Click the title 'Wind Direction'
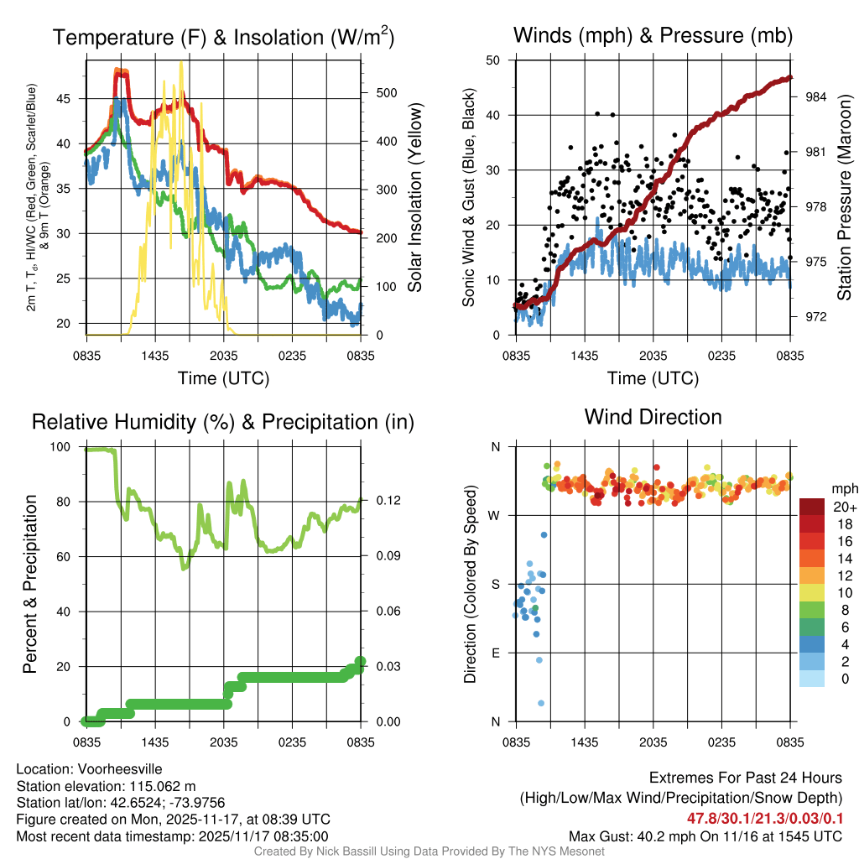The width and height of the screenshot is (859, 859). coord(653,417)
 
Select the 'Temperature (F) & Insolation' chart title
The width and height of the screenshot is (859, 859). coord(223,37)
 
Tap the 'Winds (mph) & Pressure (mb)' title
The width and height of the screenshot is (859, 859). coord(653,35)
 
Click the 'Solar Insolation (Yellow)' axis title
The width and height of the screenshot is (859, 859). coord(414,198)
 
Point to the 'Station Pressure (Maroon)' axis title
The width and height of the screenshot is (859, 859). coord(845,198)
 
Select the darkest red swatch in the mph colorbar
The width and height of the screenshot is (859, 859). coord(811,507)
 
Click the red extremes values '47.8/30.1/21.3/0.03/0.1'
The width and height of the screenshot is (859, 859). coord(764,818)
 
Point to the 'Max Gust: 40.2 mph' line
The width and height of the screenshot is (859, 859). coord(705,836)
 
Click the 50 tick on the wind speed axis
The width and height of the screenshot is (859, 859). coord(494,60)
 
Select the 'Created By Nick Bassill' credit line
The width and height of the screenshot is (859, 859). coord(429,851)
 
